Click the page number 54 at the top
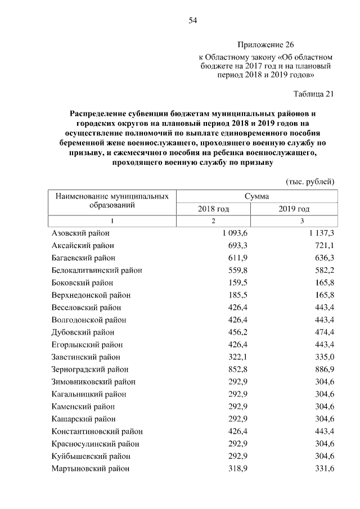(x=192, y=21)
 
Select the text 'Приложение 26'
(x=265, y=44)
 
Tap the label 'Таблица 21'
(x=314, y=94)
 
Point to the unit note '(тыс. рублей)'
(x=310, y=181)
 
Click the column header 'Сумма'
(x=256, y=197)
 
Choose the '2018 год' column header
(x=213, y=209)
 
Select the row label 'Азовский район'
(x=80, y=233)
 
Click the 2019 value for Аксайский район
(x=323, y=245)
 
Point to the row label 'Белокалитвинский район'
(x=97, y=270)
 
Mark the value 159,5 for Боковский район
(x=237, y=282)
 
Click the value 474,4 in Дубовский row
(x=323, y=332)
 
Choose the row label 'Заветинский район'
(x=85, y=357)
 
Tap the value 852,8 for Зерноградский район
(x=237, y=369)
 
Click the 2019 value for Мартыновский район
(x=323, y=468)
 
